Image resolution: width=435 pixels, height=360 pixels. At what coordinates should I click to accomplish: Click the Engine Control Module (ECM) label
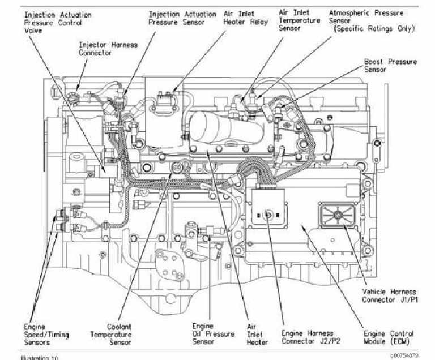389,337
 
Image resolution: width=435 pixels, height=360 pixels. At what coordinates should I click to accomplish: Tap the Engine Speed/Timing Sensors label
46,333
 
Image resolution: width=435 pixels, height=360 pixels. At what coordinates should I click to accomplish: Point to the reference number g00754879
403,355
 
